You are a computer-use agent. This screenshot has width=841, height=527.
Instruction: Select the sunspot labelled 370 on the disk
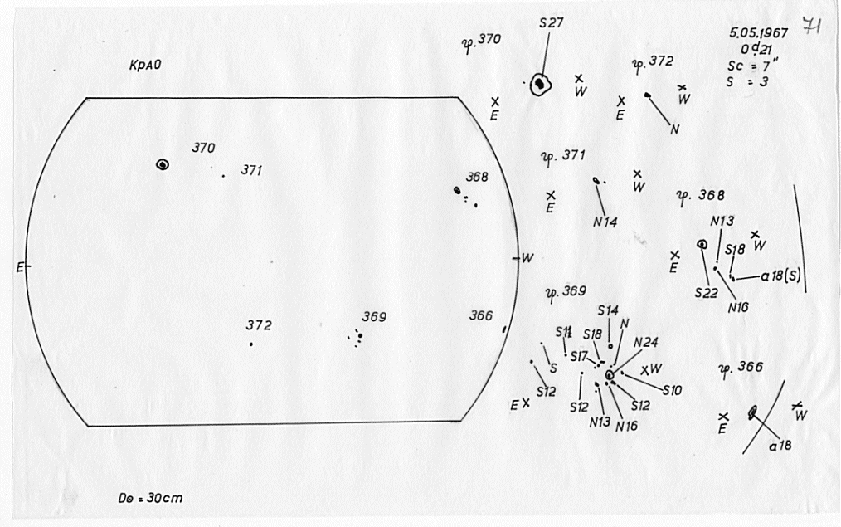(163, 164)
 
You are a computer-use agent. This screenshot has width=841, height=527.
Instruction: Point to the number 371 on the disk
(252, 170)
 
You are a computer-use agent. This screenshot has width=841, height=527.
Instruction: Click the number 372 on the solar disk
(259, 325)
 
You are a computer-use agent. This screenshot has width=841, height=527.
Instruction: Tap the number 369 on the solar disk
(374, 316)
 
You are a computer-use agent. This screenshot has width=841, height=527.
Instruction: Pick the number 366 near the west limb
(480, 315)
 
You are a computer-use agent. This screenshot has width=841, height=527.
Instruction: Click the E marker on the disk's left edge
(19, 266)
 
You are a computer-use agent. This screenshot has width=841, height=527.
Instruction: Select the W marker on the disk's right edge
(527, 258)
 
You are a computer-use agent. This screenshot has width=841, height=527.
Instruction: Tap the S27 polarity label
(551, 23)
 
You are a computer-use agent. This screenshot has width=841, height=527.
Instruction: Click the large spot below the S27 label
(541, 83)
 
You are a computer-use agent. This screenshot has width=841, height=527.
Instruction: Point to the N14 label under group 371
(605, 222)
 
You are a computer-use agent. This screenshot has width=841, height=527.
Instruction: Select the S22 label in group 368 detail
(706, 293)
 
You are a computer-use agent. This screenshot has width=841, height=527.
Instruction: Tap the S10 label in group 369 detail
(672, 389)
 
